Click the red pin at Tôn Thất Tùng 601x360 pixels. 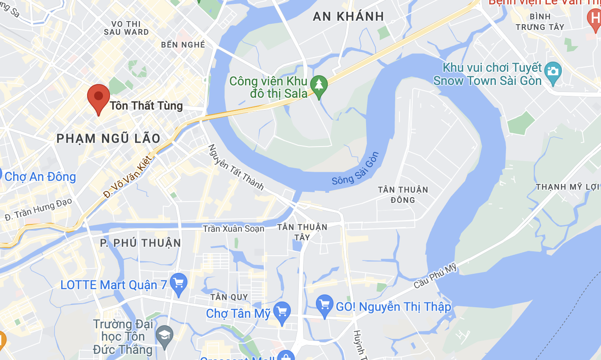click(x=99, y=97)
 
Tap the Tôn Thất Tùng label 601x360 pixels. click(x=146, y=106)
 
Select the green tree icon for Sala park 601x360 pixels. click(x=319, y=84)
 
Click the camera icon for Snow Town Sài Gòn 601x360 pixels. click(x=553, y=70)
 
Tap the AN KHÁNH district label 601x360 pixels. click(x=348, y=17)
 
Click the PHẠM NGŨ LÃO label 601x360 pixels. click(x=109, y=139)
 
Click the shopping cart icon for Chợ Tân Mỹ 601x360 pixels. click(x=282, y=312)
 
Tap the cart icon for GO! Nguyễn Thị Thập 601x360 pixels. click(x=325, y=305)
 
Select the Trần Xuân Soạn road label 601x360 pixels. click(x=234, y=229)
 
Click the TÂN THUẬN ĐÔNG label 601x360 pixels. click(x=403, y=195)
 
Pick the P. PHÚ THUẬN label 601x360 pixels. click(x=140, y=243)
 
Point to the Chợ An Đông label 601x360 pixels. click(x=40, y=177)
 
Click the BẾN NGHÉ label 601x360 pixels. click(x=183, y=45)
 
